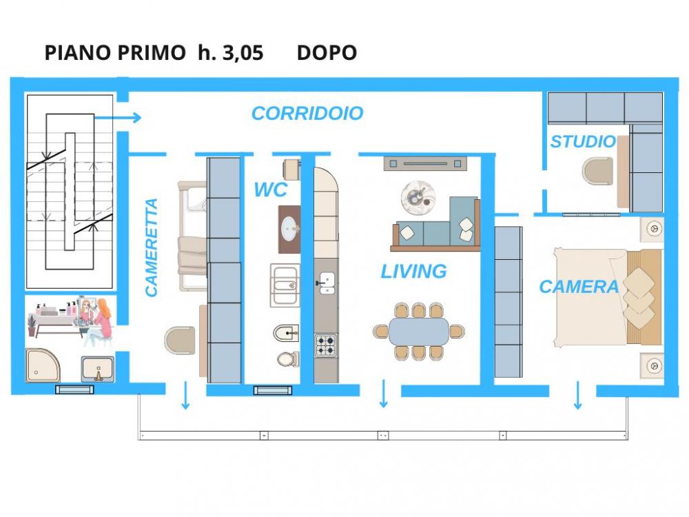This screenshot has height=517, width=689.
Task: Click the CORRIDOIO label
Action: coord(307,114)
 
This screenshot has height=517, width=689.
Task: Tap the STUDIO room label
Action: coord(583,141)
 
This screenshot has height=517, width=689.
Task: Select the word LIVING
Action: coord(413,271)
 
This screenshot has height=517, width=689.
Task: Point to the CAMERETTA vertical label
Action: coord(151,247)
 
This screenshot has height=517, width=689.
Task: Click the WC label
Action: coord(270,190)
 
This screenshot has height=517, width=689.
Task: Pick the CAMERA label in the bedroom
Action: coord(579,287)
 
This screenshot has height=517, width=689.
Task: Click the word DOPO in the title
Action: coord(327,53)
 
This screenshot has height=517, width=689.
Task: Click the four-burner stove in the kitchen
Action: coord(326,345)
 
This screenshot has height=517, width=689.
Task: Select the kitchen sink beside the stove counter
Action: coord(326,283)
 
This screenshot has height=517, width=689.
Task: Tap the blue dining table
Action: coord(418,331)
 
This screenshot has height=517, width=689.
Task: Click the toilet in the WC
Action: coord(288,358)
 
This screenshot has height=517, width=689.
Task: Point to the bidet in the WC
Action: coord(286,333)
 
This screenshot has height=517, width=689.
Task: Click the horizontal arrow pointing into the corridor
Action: coord(118,117)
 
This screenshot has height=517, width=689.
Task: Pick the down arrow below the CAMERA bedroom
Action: coord(578,395)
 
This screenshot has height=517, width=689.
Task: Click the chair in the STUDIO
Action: coord(597,171)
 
